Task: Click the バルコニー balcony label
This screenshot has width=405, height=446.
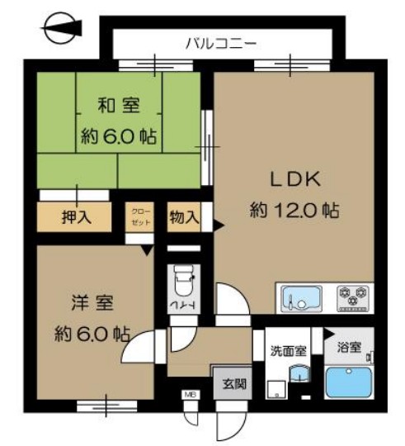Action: pos(221,40)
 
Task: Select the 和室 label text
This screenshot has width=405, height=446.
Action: pos(119,105)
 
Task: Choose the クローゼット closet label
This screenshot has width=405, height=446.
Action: pos(137,218)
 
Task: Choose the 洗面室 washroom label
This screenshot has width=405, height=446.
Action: pos(289,350)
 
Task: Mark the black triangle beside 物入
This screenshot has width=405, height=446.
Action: pos(217,221)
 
